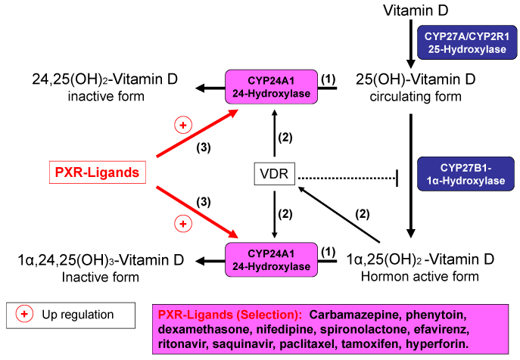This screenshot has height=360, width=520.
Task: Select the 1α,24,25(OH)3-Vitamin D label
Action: point(100,260)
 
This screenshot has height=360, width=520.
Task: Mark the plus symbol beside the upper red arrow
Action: point(182,124)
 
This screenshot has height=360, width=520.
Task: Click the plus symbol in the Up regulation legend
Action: point(24,314)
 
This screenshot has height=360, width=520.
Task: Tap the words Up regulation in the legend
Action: point(77,314)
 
